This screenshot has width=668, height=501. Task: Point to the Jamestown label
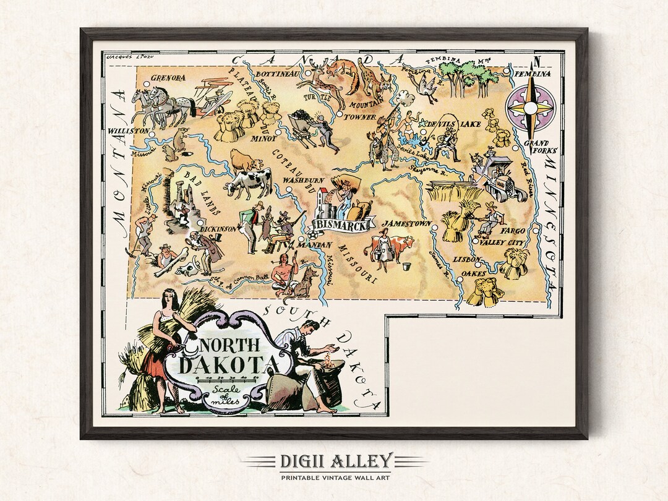point(406,223)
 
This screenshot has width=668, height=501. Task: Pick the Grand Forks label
point(541,147)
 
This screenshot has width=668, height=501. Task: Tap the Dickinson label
point(219,229)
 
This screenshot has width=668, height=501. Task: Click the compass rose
point(530,108)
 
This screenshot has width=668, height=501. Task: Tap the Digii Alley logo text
point(334,461)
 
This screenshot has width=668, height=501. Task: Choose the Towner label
point(360,116)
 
